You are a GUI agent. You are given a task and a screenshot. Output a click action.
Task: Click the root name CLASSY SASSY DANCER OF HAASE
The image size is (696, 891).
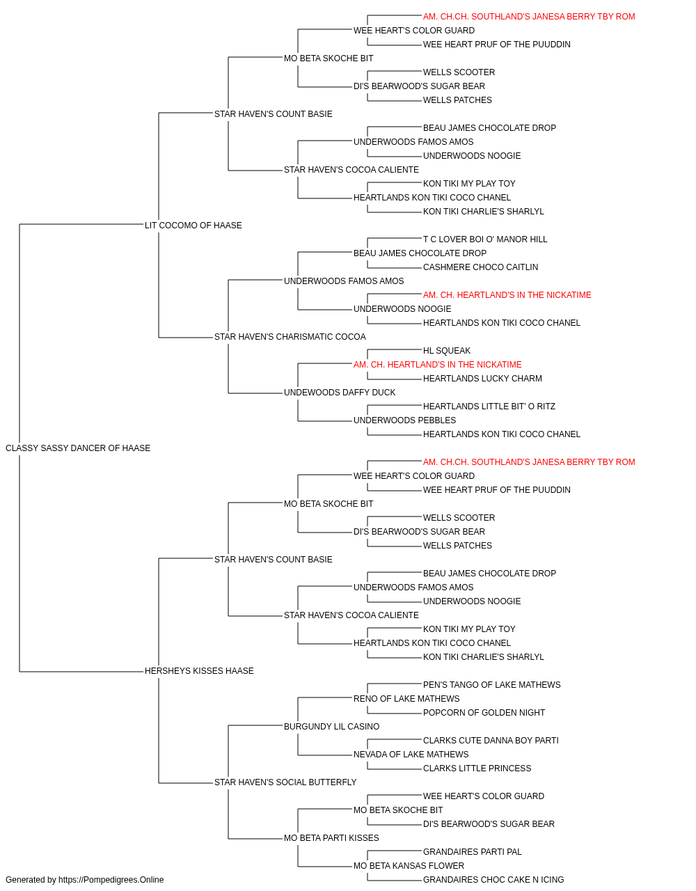pyautogui.click(x=78, y=448)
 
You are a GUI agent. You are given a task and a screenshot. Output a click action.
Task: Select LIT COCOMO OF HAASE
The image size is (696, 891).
pyautogui.click(x=193, y=226)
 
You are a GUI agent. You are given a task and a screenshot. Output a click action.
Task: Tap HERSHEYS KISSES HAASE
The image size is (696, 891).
pyautogui.click(x=199, y=671)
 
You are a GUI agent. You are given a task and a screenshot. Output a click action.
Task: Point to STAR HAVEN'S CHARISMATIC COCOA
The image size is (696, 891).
pyautogui.click(x=290, y=337)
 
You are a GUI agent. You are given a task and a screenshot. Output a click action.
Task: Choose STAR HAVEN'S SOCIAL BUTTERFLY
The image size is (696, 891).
pyautogui.click(x=285, y=782)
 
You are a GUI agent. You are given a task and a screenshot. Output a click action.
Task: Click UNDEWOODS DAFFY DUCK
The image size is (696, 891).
pyautogui.click(x=340, y=393)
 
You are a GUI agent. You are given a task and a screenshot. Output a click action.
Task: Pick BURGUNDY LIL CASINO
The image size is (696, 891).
pyautogui.click(x=331, y=727)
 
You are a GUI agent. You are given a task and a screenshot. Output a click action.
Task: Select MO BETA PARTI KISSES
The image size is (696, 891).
pyautogui.click(x=331, y=838)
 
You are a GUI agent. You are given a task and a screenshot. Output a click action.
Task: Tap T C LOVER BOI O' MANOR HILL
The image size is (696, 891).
pyautogui.click(x=485, y=239)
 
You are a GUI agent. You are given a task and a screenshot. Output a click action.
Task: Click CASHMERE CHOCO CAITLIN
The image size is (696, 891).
pyautogui.click(x=480, y=267)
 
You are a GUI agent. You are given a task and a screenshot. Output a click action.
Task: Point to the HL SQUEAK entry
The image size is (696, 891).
pyautogui.click(x=447, y=351)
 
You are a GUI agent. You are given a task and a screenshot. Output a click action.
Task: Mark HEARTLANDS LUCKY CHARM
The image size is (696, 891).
pyautogui.click(x=482, y=379)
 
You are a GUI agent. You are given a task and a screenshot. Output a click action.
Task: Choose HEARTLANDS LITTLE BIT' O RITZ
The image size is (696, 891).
pyautogui.click(x=489, y=407)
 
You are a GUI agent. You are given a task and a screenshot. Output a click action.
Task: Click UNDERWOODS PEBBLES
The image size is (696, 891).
pyautogui.click(x=404, y=420)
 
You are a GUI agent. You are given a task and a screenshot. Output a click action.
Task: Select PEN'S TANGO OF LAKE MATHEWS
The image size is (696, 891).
pyautogui.click(x=492, y=685)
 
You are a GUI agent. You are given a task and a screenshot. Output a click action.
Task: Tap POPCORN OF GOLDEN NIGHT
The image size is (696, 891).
pyautogui.click(x=484, y=713)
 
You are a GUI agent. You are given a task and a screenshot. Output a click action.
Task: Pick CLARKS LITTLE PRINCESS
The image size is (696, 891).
pyautogui.click(x=477, y=768)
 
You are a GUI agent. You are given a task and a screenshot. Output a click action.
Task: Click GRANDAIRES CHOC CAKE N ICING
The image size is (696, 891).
pyautogui.click(x=493, y=880)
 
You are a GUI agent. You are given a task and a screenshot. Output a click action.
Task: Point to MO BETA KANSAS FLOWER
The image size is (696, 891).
pyautogui.click(x=409, y=866)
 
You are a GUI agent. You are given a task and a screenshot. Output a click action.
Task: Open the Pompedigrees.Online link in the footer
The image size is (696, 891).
pyautogui.click(x=111, y=880)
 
